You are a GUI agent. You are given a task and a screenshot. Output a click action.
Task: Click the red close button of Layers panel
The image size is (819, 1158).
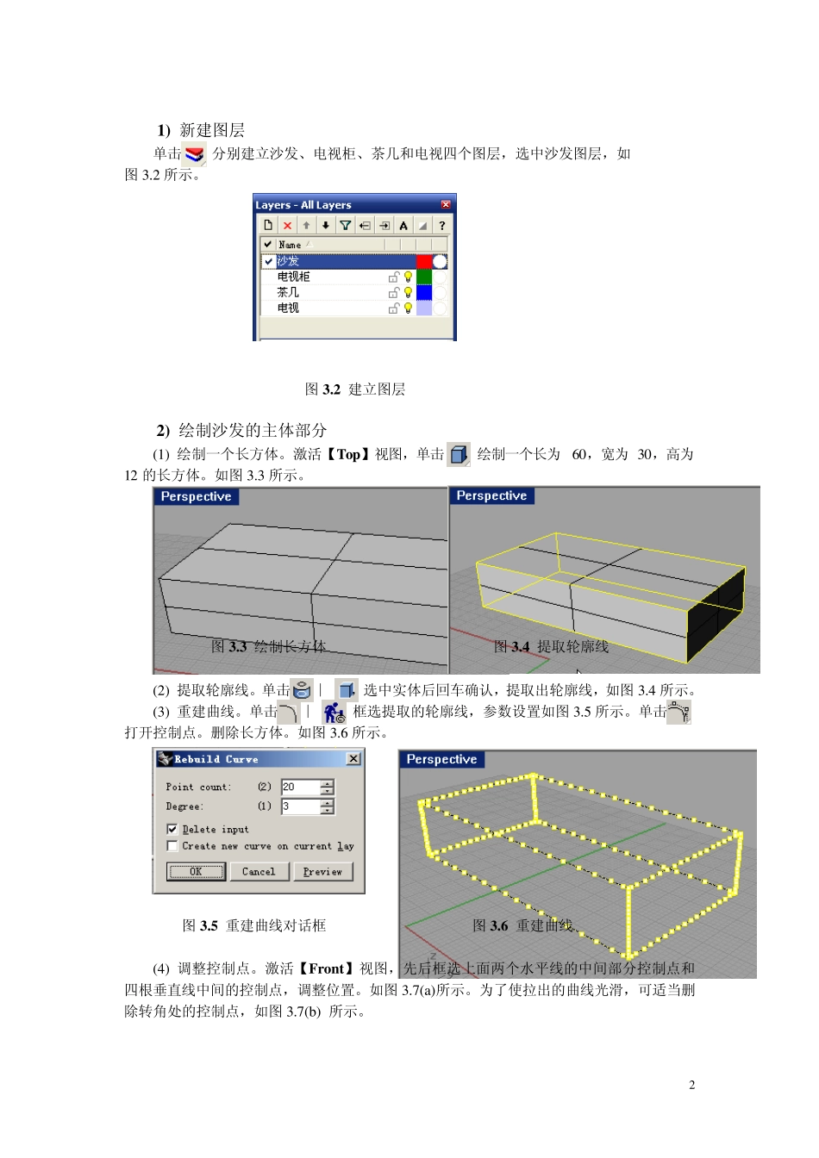tap(446, 205)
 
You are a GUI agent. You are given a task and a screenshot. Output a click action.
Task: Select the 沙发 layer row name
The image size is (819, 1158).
tap(289, 261)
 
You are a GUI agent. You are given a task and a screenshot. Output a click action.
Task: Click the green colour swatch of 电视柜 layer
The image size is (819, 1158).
tap(424, 277)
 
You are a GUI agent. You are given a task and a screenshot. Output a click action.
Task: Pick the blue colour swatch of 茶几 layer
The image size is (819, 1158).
tap(424, 292)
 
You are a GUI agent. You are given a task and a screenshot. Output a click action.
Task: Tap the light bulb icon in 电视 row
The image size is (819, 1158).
tap(409, 308)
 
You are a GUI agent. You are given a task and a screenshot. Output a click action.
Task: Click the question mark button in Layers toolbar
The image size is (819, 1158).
tap(441, 226)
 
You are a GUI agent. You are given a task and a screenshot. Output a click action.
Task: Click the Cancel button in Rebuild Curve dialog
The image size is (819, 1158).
tap(259, 872)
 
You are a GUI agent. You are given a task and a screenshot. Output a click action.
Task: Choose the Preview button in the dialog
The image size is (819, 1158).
tap(322, 872)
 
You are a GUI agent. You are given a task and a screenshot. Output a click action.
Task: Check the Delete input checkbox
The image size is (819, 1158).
tap(172, 829)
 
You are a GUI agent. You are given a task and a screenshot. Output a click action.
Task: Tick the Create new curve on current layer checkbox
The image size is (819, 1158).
tap(172, 846)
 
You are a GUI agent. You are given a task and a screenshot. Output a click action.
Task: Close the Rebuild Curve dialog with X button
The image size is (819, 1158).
tap(353, 759)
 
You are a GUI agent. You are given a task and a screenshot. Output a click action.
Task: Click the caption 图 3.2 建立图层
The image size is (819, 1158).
tap(354, 389)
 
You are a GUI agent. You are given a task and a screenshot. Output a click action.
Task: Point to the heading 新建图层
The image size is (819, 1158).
tap(211, 130)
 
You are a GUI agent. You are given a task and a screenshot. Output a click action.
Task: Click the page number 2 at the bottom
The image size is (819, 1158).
tap(692, 1085)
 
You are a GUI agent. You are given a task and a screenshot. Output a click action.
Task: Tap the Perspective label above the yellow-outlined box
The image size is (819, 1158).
tap(491, 496)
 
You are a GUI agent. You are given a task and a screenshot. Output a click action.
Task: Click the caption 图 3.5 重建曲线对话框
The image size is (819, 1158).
tap(254, 925)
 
